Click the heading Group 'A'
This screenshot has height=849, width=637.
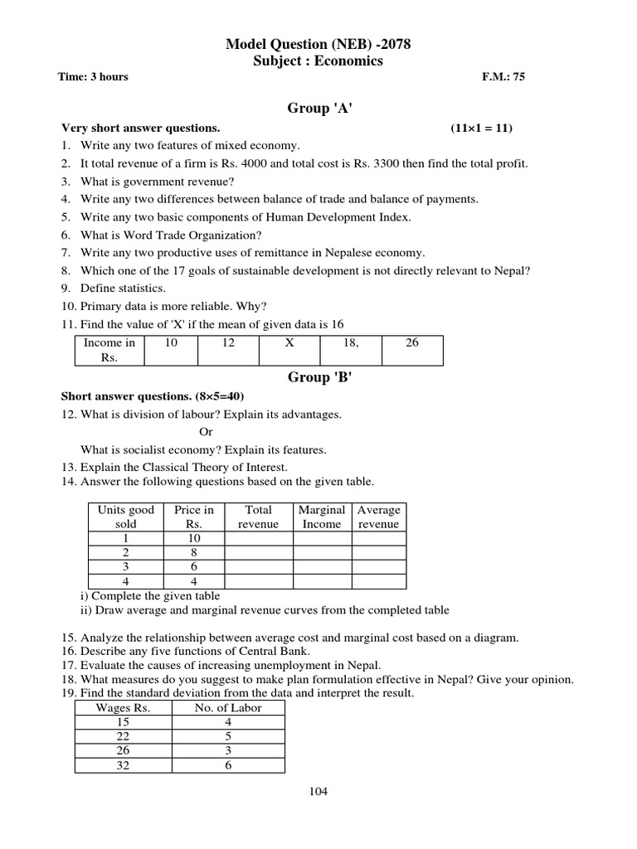tap(318, 108)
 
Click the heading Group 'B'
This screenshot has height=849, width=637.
tap(318, 377)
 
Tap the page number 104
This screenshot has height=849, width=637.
tap(318, 791)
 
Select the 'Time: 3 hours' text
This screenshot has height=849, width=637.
tap(93, 77)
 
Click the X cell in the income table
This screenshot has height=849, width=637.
tap(289, 342)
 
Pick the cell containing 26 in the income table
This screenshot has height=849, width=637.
tap(412, 342)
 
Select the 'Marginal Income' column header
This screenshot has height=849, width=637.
tap(322, 517)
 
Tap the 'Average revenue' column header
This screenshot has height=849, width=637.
tap(378, 517)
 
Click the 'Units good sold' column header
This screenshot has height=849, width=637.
tap(126, 517)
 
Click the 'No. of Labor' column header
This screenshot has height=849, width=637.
tap(228, 707)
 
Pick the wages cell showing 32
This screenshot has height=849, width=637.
tap(123, 765)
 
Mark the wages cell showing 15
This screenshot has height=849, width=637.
tap(123, 722)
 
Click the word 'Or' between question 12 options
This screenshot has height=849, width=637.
tap(207, 432)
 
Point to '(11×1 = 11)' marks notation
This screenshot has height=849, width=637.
tap(482, 128)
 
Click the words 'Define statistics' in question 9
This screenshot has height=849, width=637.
tap(123, 288)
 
